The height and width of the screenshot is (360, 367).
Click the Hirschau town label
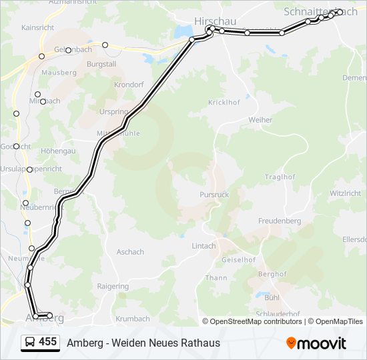point(215,21)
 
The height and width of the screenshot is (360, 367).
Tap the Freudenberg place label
point(280,221)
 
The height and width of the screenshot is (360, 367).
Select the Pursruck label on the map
point(214,195)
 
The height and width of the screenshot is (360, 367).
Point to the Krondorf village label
point(129,85)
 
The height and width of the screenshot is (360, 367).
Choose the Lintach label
point(204,245)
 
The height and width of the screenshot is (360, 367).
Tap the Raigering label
point(113,287)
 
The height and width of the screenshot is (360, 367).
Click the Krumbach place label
point(133,319)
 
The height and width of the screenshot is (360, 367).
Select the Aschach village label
point(130,252)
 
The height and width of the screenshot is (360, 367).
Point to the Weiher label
point(260,120)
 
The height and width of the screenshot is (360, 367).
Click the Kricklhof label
point(224,103)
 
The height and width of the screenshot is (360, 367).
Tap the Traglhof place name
point(280,177)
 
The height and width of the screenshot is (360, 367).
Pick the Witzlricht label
point(345,193)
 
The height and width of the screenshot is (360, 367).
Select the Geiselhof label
point(238,259)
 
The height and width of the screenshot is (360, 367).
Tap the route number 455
point(47,342)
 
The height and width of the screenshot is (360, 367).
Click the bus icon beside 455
point(30,343)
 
